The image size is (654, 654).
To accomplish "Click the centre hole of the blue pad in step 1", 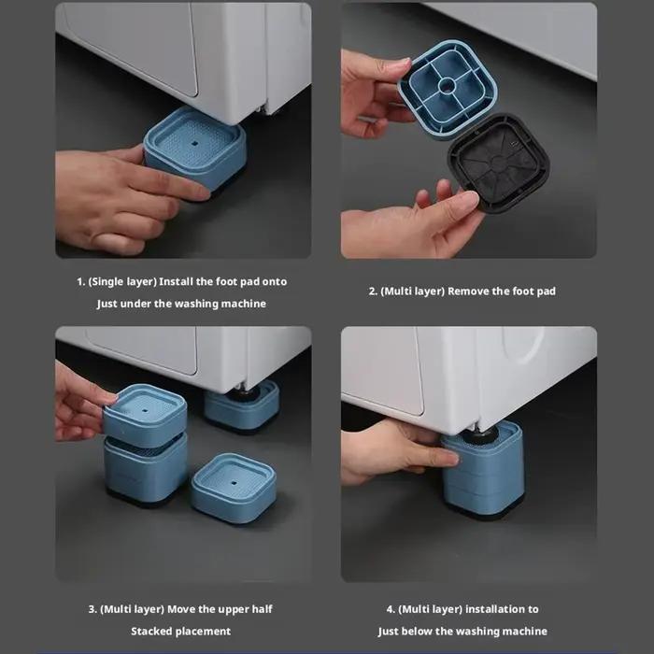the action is [x=194, y=144].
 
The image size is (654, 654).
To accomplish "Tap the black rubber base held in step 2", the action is [x=498, y=163].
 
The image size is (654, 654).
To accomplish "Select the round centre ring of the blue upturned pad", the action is [x=447, y=86].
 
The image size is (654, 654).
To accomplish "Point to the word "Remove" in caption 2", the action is [x=468, y=291].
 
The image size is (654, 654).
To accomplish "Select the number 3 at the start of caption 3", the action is [x=92, y=609].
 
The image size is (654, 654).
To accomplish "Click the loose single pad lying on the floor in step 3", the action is [x=234, y=488].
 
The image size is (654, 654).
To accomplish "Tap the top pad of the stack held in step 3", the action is [x=145, y=415].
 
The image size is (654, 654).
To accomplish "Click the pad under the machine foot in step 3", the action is [x=242, y=406].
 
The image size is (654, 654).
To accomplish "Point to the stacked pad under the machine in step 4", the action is [x=483, y=469].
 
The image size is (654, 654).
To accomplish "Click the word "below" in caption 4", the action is [x=417, y=631].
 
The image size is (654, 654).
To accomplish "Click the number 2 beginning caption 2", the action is [x=372, y=291].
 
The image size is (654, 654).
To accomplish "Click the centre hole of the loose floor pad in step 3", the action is [x=234, y=483].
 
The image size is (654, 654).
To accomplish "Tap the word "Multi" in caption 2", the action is [x=396, y=291].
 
